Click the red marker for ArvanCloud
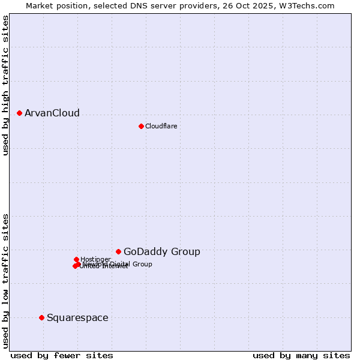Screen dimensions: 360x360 20,113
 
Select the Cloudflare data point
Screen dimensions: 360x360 141,126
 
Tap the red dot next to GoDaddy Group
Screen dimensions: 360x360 119,251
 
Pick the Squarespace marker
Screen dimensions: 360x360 41,317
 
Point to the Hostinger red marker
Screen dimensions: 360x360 76,259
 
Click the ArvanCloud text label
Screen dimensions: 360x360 52,113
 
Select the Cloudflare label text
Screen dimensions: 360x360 161,126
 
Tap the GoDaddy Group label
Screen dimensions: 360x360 162,252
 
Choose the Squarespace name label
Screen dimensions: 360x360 77,318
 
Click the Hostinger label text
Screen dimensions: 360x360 95,259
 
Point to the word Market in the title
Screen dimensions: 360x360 41,5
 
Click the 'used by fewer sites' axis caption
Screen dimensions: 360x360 62,355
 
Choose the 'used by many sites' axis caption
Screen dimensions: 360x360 301,355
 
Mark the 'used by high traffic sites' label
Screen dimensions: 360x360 6,85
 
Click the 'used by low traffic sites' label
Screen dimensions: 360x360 6,280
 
